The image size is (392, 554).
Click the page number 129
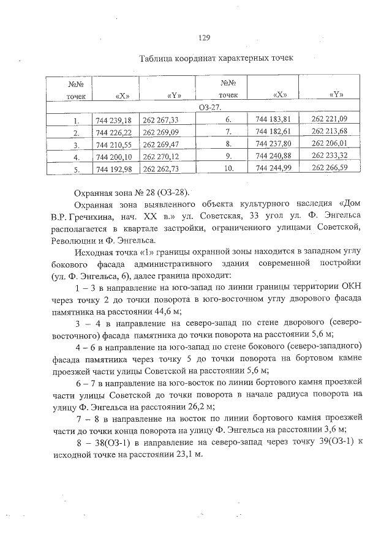205,37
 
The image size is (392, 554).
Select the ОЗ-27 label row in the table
208,108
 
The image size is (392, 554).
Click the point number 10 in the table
227,168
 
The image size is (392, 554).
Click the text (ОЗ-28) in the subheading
173,192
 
